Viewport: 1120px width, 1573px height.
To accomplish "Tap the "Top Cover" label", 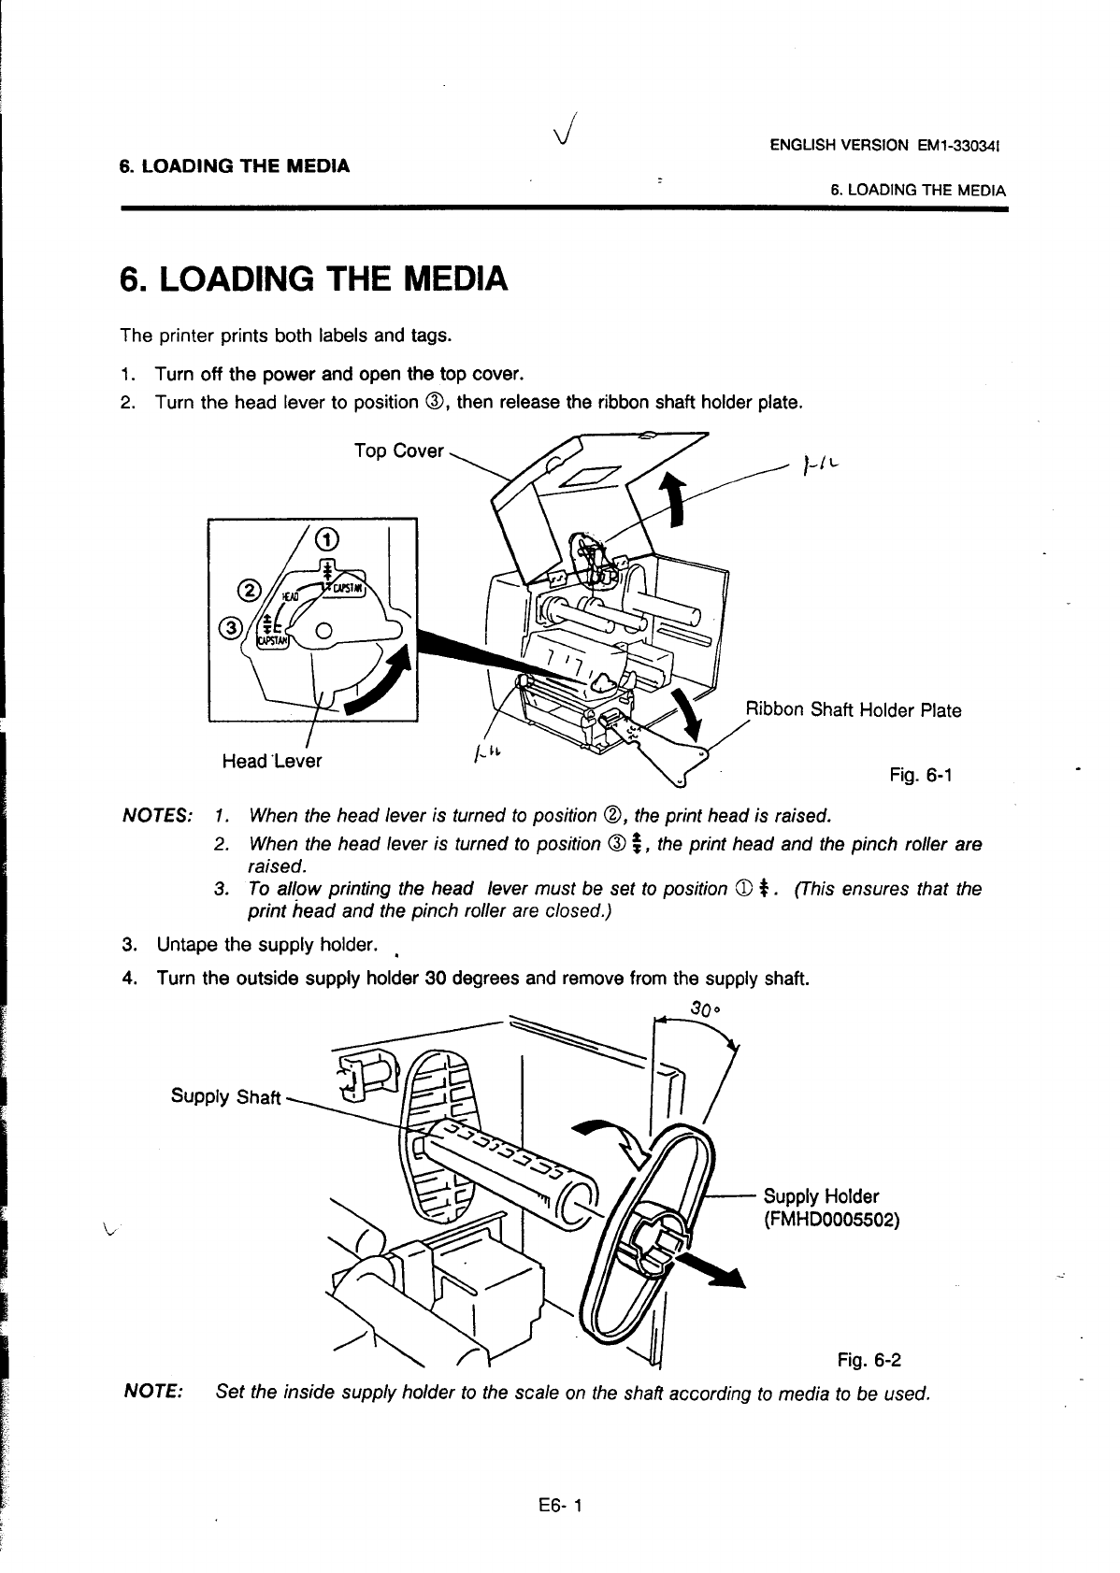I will [398, 451].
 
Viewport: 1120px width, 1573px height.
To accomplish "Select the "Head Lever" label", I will [271, 761].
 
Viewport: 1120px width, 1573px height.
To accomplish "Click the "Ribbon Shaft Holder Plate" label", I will [853, 709].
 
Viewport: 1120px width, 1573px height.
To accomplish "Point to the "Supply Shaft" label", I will [225, 1096].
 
